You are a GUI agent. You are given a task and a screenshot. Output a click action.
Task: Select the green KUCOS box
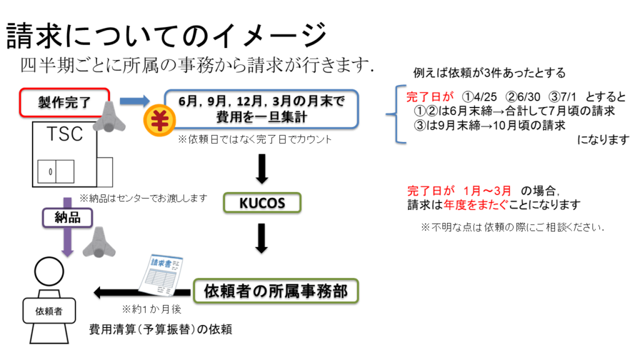(x=262, y=203)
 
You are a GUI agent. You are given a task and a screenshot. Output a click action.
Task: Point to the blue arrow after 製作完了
(x=134, y=101)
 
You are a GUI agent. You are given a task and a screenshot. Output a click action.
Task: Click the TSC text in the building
(x=64, y=135)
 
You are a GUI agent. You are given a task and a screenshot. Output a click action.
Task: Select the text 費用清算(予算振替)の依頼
(x=161, y=329)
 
